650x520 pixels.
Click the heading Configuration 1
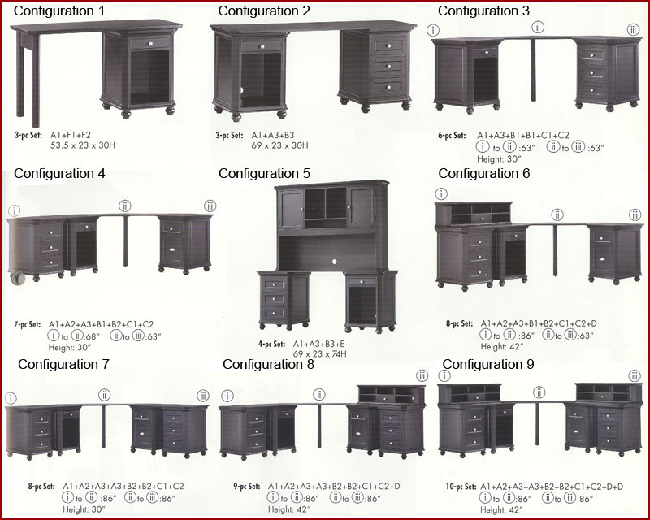[59, 11]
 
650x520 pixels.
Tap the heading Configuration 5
[265, 173]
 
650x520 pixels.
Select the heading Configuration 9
[488, 364]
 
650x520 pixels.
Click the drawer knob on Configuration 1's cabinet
[151, 43]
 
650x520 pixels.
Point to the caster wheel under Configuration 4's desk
[17, 278]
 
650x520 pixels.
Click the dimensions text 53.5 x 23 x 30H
[83, 145]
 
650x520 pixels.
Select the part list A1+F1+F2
[71, 135]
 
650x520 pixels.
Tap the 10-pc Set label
[461, 487]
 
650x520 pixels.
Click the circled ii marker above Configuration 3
[538, 28]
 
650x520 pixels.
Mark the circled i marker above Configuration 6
[441, 193]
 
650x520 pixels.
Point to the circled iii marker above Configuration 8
[422, 375]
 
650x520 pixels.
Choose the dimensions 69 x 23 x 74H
[319, 354]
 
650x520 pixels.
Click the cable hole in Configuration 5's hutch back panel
[335, 262]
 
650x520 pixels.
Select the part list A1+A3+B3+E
[318, 344]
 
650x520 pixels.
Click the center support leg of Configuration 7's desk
[103, 426]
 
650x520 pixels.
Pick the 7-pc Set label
[28, 325]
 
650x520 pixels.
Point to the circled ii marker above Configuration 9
[539, 392]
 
